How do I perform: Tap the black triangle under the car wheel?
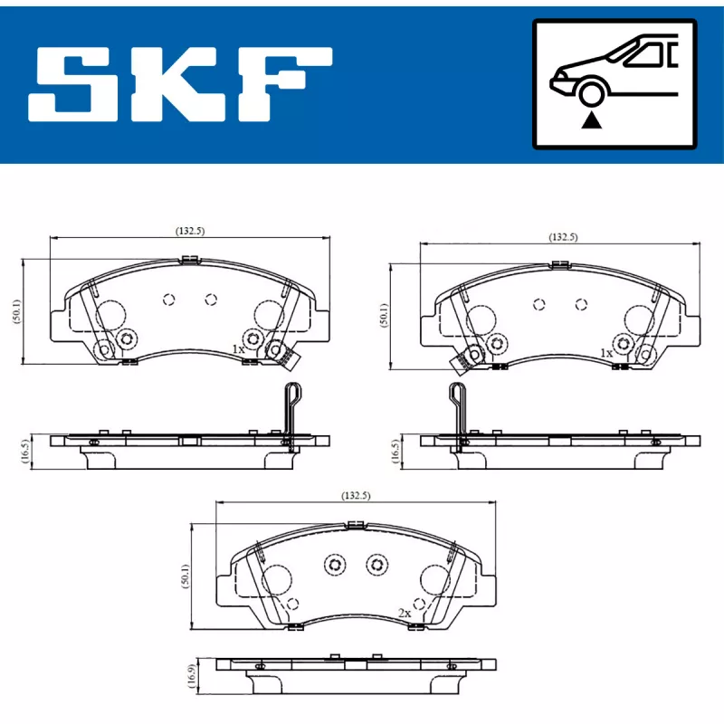point(592,121)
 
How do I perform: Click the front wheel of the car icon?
point(592,95)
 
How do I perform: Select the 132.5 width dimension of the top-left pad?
point(190,231)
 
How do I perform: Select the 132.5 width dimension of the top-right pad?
point(563,237)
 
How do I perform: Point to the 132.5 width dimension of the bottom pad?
point(356,495)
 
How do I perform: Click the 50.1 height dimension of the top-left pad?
point(17,311)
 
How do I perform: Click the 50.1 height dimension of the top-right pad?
point(384,315)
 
